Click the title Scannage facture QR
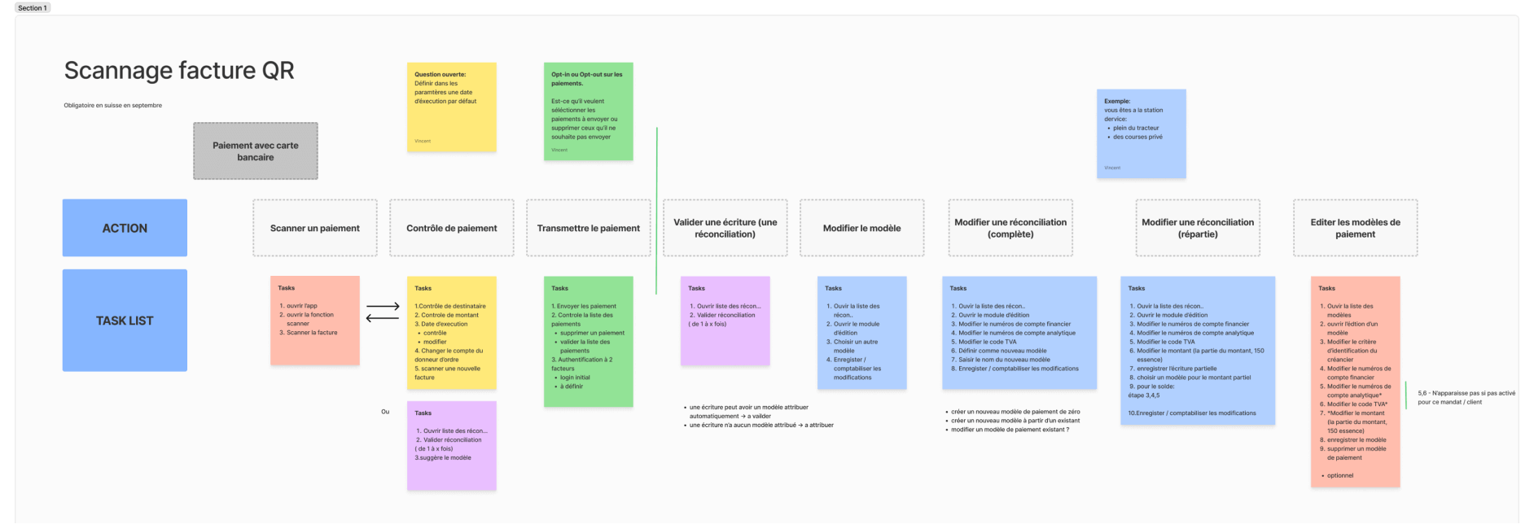pos(179,71)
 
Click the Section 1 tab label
pos(33,7)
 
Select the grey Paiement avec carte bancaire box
pos(256,151)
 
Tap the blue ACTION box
pos(125,228)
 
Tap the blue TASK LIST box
pos(125,321)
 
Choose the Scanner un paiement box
pos(315,228)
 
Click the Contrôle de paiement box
pos(452,228)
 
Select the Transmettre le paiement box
pos(589,228)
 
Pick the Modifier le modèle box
pos(861,228)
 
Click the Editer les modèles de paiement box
pos(1355,228)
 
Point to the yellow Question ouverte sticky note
pos(451,107)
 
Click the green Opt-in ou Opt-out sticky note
pos(588,111)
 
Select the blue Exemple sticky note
pos(1141,133)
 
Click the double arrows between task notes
pos(383,312)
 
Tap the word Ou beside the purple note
pos(385,412)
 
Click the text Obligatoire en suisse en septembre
pos(113,105)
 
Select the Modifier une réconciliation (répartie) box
pos(1198,228)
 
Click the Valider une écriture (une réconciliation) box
pos(725,228)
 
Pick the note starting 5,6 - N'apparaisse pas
pos(1466,397)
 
